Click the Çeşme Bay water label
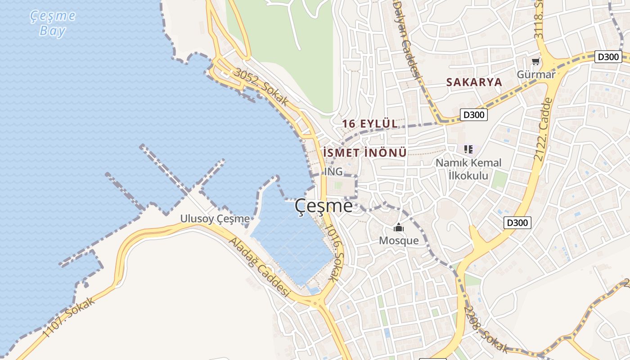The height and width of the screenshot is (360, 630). pos(53,23)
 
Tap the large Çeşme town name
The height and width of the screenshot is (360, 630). pos(324,206)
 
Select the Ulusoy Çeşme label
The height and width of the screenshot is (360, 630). pos(215,219)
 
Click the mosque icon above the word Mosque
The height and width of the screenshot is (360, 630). pos(399,228)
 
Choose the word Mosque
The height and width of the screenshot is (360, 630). pos(399,241)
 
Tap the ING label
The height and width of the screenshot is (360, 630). pos(333,171)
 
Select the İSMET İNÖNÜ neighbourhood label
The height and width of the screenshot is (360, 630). pos(365,153)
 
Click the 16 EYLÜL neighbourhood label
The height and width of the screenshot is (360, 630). pos(370,124)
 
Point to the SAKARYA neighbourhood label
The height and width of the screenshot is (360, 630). pos(474,82)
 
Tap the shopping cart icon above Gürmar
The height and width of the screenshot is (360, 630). pos(535,61)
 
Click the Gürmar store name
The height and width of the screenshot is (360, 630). pos(536,74)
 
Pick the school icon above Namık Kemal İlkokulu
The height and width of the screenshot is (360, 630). pos(468,149)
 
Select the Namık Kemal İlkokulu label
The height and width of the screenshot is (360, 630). pos(468,169)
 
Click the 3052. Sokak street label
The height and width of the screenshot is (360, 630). pos(261,87)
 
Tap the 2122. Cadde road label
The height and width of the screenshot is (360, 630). pos(543,130)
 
